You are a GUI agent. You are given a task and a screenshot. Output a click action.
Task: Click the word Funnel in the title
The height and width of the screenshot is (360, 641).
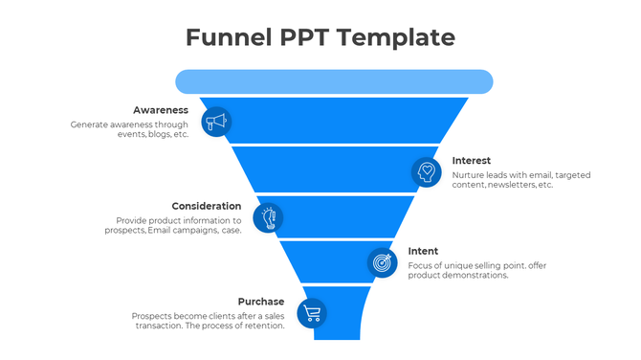pos(220,37)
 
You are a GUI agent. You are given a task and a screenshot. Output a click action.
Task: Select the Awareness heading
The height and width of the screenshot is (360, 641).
pos(161,110)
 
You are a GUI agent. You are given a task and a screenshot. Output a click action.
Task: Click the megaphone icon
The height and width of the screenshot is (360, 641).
pos(216,122)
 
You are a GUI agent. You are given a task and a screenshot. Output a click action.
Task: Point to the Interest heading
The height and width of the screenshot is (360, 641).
pos(472,160)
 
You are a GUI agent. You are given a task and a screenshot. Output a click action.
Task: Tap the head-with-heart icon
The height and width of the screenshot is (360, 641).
pos(427,172)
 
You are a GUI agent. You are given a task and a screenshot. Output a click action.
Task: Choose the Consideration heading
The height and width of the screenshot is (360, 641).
pos(207,206)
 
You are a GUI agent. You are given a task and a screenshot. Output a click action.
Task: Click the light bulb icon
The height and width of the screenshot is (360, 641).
pos(269,217)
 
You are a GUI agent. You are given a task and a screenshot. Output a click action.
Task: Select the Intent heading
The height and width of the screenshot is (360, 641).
pos(423,251)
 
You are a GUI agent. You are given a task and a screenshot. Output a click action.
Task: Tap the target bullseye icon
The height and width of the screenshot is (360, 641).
pos(383,261)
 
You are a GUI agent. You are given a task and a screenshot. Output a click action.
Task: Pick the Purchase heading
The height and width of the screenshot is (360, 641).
pos(261,302)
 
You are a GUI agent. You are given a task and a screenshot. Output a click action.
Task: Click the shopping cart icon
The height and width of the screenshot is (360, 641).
pos(312,312)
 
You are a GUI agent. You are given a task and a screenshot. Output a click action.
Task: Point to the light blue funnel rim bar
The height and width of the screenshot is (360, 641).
pos(333,81)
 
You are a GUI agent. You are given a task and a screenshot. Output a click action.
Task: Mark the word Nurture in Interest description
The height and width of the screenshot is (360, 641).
pos(470,174)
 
